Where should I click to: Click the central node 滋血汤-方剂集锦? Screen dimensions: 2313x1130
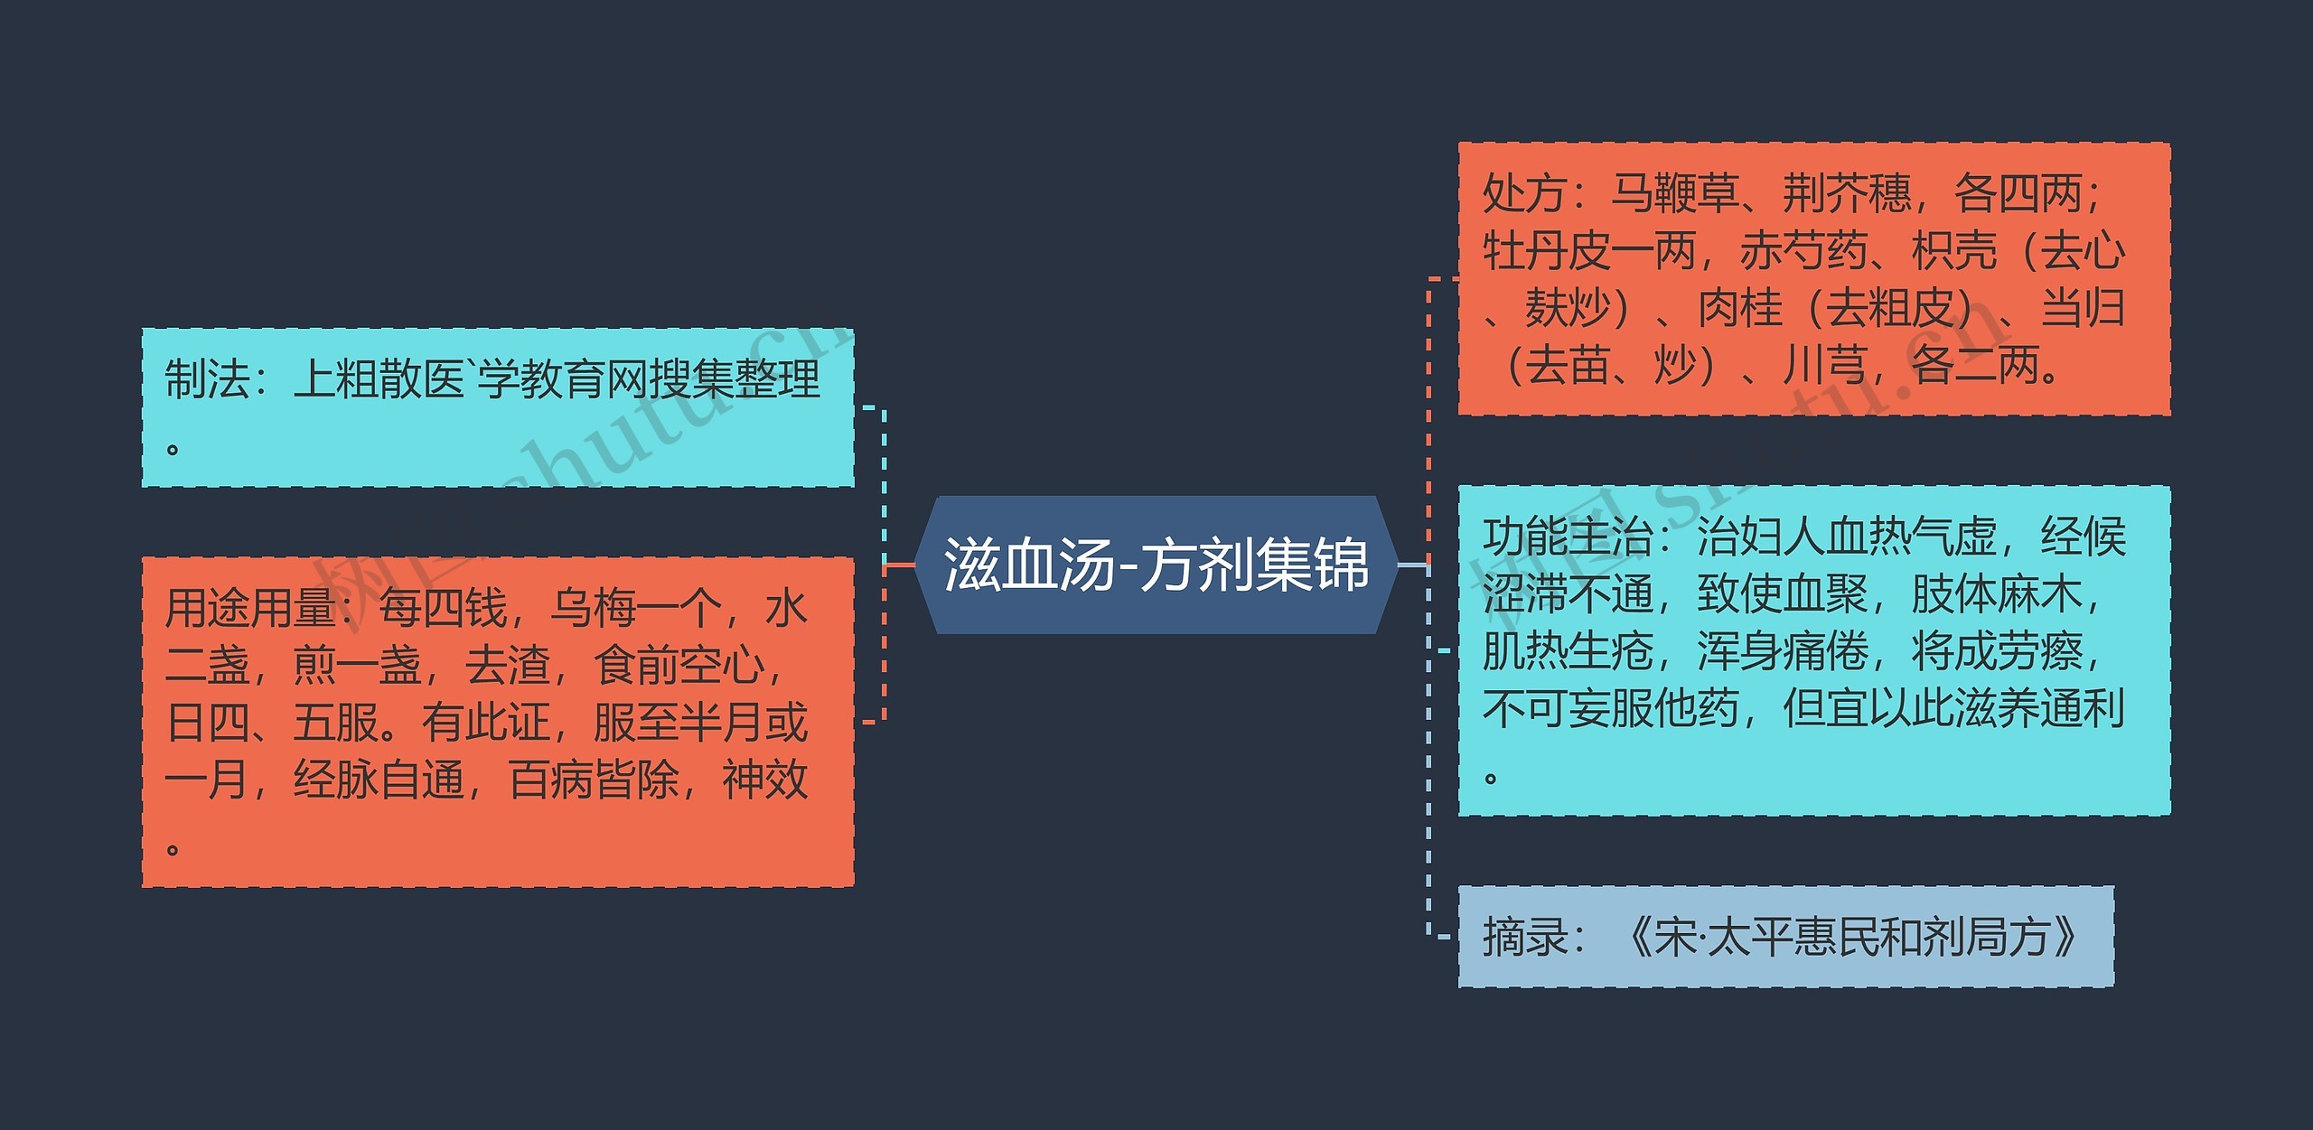1156,565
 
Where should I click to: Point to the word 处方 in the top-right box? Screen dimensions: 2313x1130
1524,194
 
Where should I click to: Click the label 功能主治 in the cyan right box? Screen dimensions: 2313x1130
1566,537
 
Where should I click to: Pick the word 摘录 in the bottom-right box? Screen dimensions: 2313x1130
1524,937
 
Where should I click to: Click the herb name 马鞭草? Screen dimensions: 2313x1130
1674,194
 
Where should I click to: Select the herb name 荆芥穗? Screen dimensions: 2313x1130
1846,194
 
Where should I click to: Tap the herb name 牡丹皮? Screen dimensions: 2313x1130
1546,251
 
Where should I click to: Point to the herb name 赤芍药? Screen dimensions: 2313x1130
1803,251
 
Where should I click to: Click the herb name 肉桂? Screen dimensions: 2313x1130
1739,309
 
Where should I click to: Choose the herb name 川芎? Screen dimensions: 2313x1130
1824,366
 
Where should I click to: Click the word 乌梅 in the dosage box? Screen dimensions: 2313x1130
594,608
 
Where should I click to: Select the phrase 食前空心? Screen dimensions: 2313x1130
679,666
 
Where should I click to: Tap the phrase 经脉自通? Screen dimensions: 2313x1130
379,780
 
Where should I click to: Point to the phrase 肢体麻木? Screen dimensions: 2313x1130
1996,594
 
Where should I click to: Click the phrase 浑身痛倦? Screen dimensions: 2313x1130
1781,651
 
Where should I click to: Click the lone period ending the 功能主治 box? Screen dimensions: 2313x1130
1491,777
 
